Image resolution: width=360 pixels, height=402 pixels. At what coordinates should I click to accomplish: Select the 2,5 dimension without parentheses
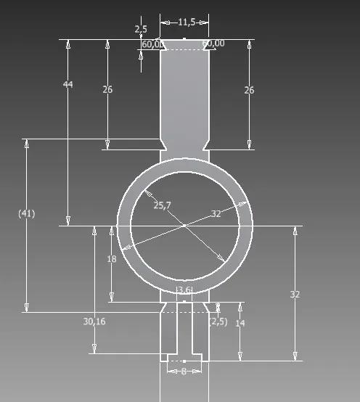tap(141, 30)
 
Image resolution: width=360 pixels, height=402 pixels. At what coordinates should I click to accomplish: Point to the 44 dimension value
tap(68, 85)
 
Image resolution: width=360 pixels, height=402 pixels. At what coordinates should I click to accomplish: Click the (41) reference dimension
tap(26, 214)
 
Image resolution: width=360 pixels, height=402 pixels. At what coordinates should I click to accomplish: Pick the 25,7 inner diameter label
tap(162, 206)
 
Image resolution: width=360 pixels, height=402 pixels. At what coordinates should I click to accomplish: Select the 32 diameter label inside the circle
tap(216, 214)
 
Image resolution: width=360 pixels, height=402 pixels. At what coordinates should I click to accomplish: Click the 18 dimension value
tap(111, 259)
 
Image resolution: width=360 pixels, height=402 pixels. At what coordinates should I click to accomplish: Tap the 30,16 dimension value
tap(94, 321)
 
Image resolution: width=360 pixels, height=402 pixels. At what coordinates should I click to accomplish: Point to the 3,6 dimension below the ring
tap(184, 290)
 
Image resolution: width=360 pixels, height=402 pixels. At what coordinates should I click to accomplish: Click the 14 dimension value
tap(240, 323)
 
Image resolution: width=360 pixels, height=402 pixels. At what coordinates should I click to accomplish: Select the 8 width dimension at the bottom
tap(184, 370)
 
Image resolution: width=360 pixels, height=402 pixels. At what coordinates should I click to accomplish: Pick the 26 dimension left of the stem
tap(107, 90)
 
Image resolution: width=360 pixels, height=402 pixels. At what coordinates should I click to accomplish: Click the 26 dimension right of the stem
tap(249, 90)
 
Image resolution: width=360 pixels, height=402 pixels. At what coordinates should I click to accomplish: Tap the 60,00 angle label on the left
tap(152, 44)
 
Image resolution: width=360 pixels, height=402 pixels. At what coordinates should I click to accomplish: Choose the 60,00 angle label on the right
tap(213, 44)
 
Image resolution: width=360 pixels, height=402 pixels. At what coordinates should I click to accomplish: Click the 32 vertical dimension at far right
tap(295, 295)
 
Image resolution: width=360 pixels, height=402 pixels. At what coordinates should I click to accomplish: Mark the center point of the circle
tap(184, 226)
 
